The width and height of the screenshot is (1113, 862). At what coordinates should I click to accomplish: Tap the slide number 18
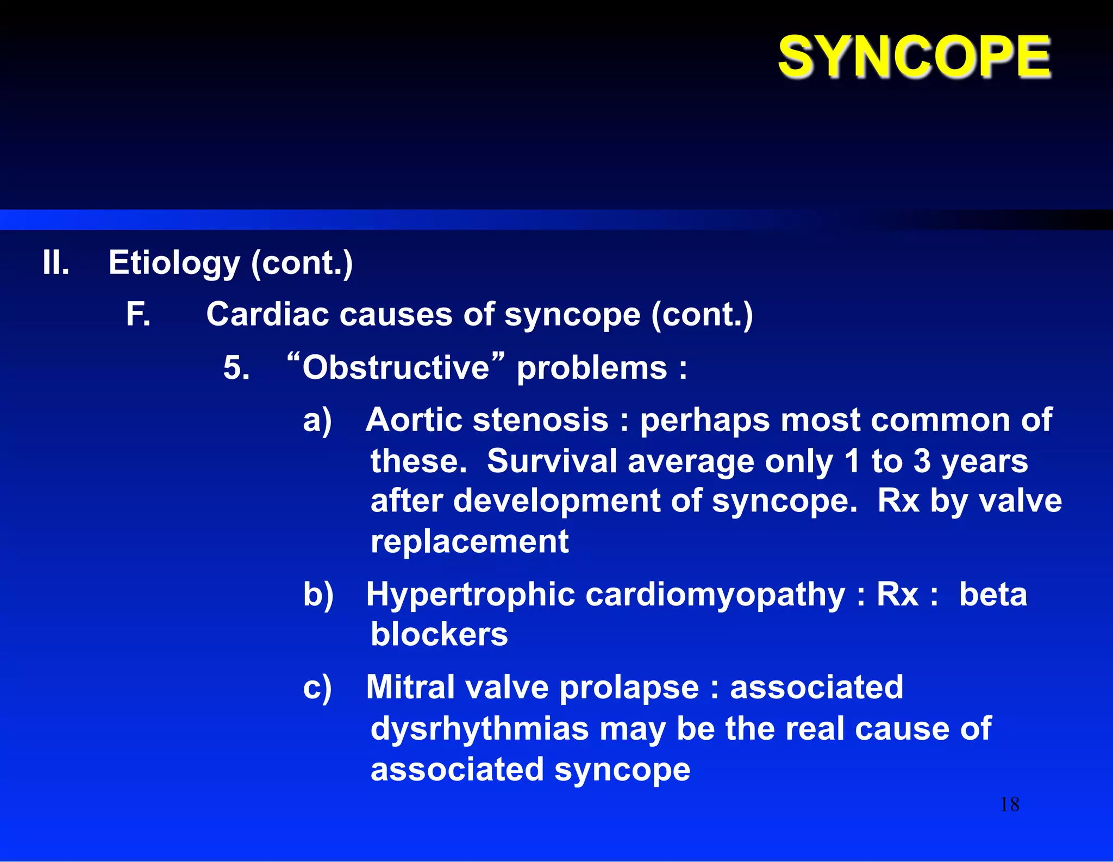pyautogui.click(x=1010, y=804)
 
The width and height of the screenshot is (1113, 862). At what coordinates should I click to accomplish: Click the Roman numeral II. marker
pyautogui.click(x=56, y=263)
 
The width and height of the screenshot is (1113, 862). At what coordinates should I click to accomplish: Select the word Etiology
pyautogui.click(x=174, y=263)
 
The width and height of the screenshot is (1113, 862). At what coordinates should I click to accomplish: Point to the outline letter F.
pyautogui.click(x=137, y=315)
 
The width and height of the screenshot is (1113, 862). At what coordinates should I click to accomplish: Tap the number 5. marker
pyautogui.click(x=236, y=368)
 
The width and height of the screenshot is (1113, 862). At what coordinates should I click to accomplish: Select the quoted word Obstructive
pyautogui.click(x=396, y=368)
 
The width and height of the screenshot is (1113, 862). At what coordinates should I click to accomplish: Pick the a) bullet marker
pyautogui.click(x=317, y=421)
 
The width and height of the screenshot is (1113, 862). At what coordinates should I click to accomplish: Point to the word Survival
pyautogui.click(x=552, y=461)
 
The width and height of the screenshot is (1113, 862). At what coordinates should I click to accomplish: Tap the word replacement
pyautogui.click(x=470, y=542)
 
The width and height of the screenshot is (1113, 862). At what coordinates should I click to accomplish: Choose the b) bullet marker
pyautogui.click(x=318, y=594)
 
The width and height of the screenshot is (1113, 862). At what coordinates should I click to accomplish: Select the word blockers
pyautogui.click(x=439, y=634)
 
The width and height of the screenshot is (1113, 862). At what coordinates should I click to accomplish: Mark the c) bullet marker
pyautogui.click(x=317, y=688)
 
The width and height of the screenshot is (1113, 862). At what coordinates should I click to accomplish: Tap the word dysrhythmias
pyautogui.click(x=479, y=729)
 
